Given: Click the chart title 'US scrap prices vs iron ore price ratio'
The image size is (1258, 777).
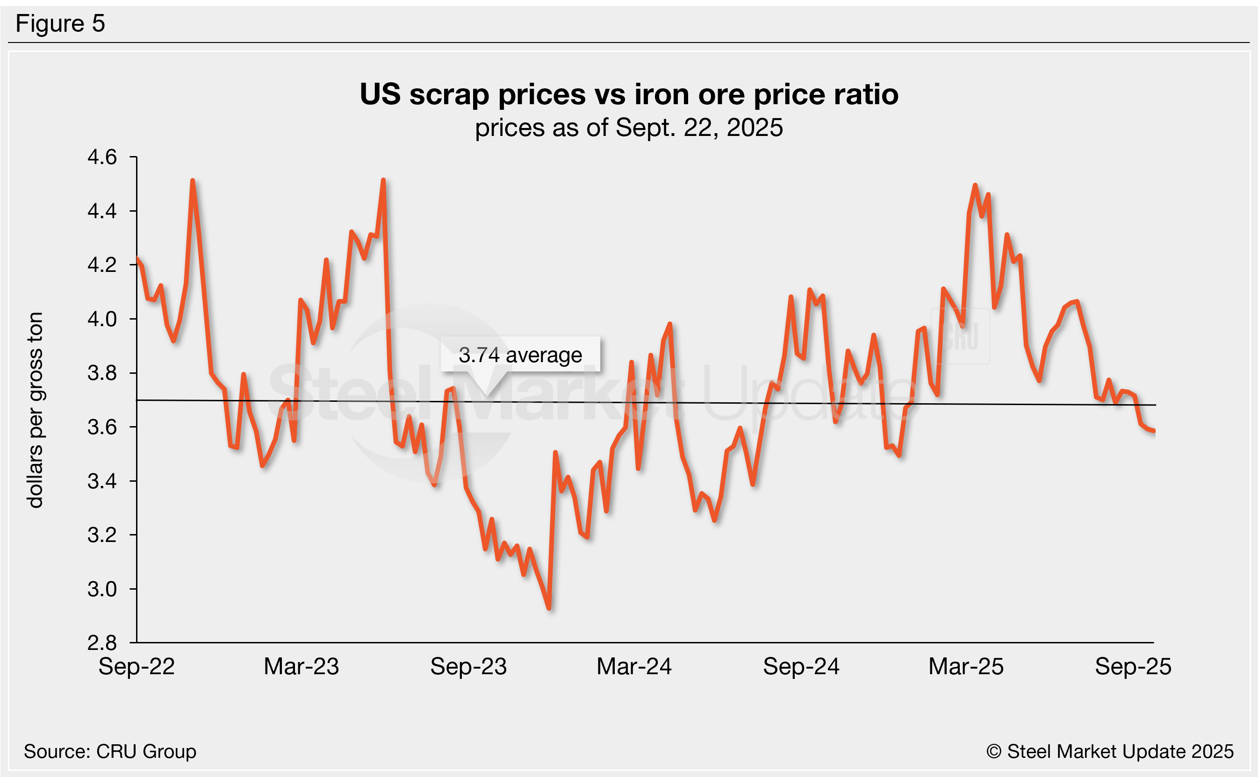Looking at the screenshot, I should coord(629,94).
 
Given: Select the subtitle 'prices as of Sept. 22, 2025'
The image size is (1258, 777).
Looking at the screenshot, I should coord(629,128).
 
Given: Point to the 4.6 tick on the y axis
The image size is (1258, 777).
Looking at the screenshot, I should coord(102,157).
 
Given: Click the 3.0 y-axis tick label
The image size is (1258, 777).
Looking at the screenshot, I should coord(102,589).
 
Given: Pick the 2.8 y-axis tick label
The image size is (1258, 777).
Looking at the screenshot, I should coord(102,643).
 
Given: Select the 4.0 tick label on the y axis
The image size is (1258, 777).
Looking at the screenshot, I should coord(102,319).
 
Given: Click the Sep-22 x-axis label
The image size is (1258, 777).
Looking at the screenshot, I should coord(137,667).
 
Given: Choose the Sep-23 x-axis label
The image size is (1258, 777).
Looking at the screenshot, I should coord(468,667).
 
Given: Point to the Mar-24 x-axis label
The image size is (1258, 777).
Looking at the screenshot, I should coord(634,667).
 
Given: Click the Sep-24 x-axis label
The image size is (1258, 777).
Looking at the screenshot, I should coord(801,667).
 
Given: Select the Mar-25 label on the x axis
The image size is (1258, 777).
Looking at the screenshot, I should coord(966,667).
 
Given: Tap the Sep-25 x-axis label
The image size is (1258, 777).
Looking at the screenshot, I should coord(1133,667).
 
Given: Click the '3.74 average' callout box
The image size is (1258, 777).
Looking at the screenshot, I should coord(520,355).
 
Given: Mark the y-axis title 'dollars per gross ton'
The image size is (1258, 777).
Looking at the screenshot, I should coord(35,410).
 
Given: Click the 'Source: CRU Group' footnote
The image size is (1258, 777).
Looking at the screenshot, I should coord(110,751).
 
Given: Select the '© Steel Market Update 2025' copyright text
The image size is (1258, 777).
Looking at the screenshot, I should coord(1110,751).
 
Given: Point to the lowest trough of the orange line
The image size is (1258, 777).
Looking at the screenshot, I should coord(549,608).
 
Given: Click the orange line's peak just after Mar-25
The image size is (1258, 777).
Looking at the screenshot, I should coord(975,185).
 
